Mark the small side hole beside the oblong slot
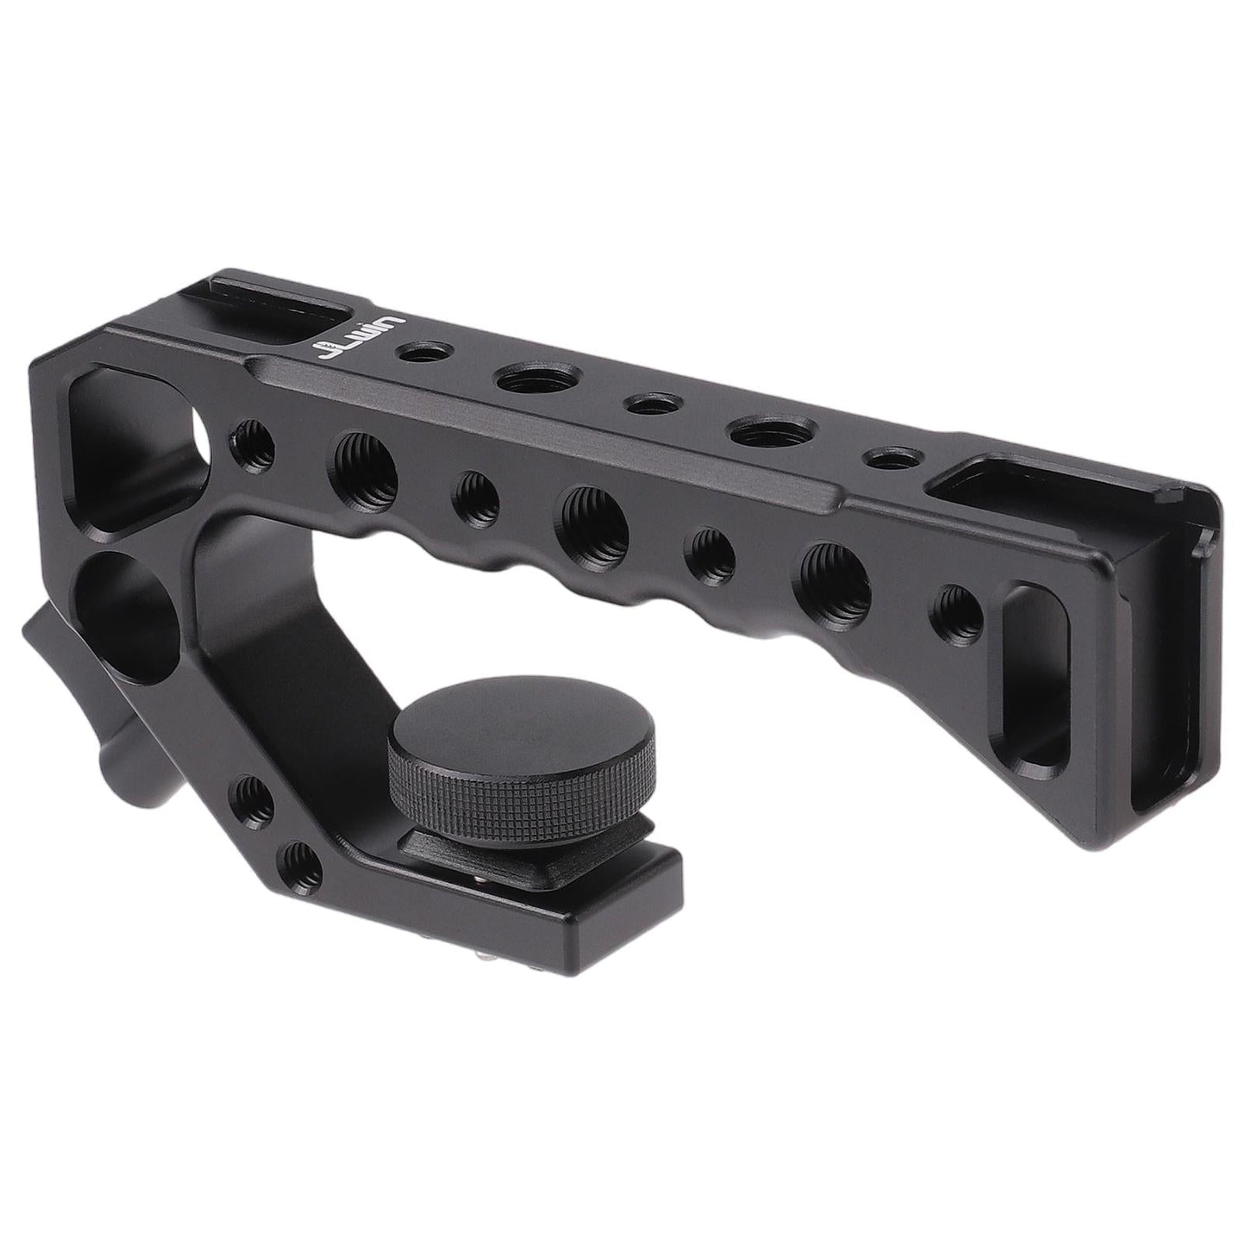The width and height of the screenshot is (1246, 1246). point(958,608)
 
